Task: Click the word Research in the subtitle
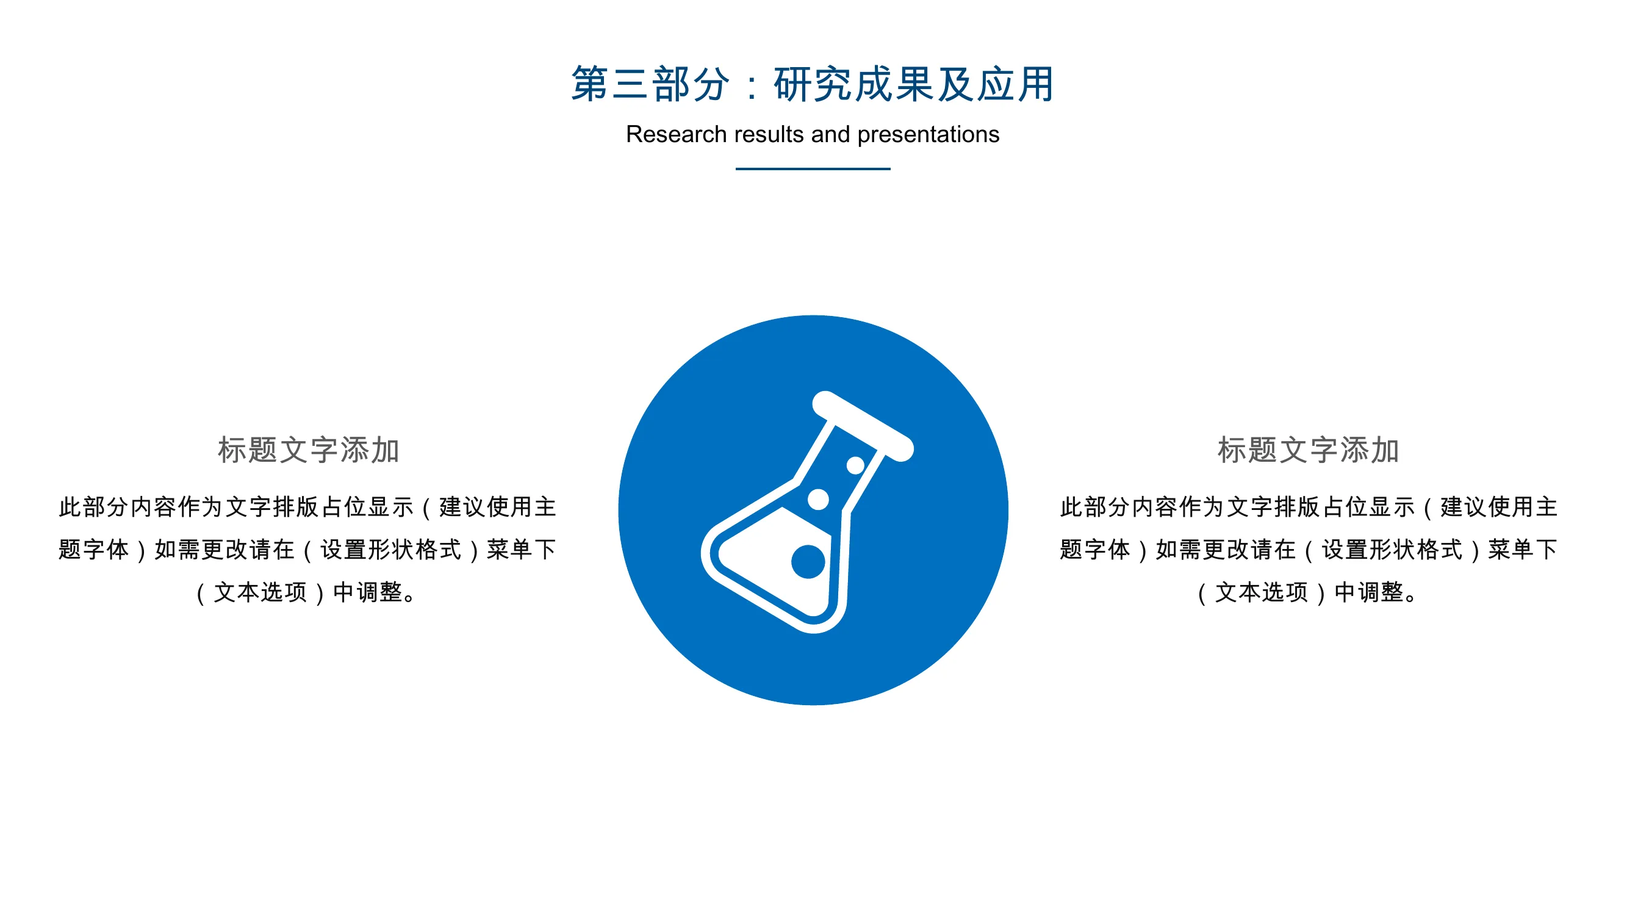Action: pyautogui.click(x=676, y=134)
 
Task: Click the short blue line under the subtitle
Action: pyautogui.click(x=813, y=168)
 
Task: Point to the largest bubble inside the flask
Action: pyautogui.click(x=808, y=561)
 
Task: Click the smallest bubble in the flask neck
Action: pyautogui.click(x=855, y=465)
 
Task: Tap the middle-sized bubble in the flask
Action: pyautogui.click(x=818, y=499)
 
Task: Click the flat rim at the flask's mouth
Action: pyautogui.click(x=863, y=426)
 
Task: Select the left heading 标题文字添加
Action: pyautogui.click(x=308, y=450)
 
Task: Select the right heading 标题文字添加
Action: pyautogui.click(x=1308, y=450)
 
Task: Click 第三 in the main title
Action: pyautogui.click(x=609, y=84)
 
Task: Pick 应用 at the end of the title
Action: pyautogui.click(x=1016, y=84)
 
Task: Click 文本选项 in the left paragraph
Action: pyautogui.click(x=260, y=592)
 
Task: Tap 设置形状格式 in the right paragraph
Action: pyautogui.click(x=1392, y=550)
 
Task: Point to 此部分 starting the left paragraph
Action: pyautogui.click(x=94, y=507)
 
